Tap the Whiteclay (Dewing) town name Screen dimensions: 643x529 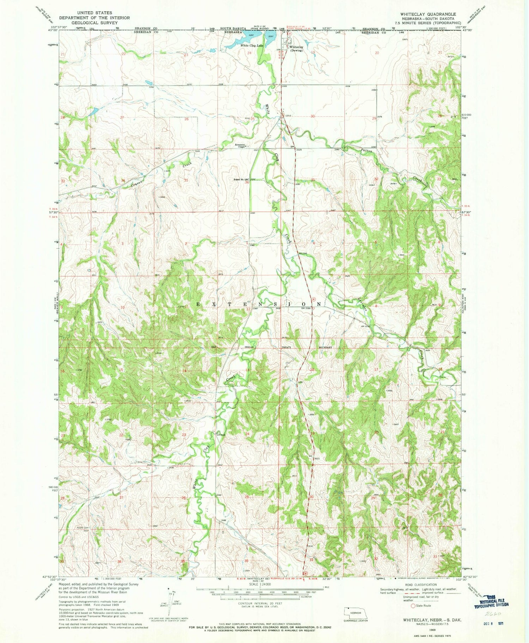pyautogui.click(x=296, y=49)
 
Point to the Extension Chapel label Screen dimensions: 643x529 pyautogui.click(x=241, y=146)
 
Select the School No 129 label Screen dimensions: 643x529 pyautogui.click(x=241, y=180)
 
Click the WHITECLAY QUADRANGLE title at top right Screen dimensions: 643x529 pyautogui.click(x=428, y=14)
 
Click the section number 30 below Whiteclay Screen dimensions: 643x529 pyautogui.click(x=312, y=116)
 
